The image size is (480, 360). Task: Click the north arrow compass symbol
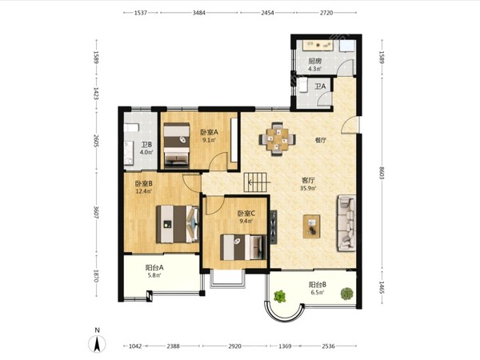tap(97, 343)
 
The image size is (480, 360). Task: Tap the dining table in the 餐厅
tap(277, 139)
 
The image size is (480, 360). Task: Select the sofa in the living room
tap(347, 223)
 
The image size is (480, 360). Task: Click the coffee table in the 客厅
tap(312, 226)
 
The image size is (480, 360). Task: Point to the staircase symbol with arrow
tap(257, 182)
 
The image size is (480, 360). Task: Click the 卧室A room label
tap(209, 132)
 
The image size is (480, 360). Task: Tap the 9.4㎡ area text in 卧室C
tap(246, 221)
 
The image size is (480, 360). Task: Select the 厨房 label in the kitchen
tap(314, 62)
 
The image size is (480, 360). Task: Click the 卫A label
tap(320, 86)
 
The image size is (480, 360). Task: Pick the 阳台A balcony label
tap(154, 267)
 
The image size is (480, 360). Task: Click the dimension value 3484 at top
tap(199, 13)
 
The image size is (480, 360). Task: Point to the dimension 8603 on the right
tap(382, 173)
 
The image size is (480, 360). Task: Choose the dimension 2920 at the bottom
tap(234, 346)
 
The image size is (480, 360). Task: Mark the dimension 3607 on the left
tap(96, 213)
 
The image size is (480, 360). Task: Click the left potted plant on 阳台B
tap(280, 296)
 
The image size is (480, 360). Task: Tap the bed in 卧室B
tap(178, 224)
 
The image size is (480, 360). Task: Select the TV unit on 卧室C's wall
tap(274, 227)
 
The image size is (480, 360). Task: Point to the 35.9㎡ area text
tap(308, 188)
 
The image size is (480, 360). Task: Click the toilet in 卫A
tap(302, 85)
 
